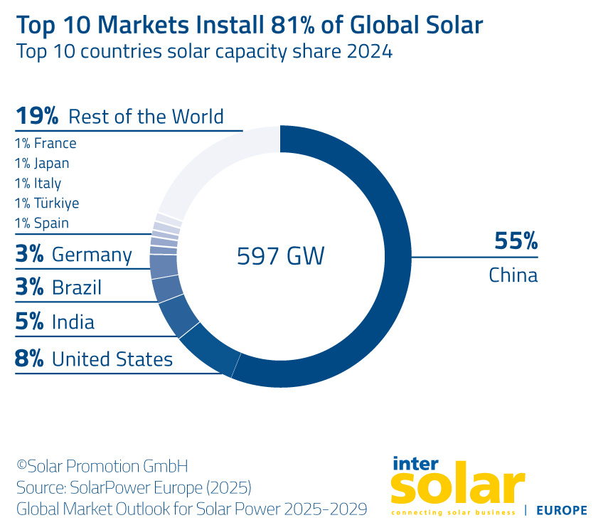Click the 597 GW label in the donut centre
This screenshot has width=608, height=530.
click(280, 255)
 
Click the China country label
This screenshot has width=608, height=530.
click(513, 275)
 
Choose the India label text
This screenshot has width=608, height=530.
click(73, 322)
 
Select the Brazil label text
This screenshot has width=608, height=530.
click(77, 287)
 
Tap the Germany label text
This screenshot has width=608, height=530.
click(92, 255)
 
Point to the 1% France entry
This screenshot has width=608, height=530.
click(46, 144)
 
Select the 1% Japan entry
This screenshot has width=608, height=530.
click(42, 164)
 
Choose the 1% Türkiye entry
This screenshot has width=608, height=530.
click(47, 203)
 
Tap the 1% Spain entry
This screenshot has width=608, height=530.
click(42, 223)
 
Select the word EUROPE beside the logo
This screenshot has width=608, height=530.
click(561, 510)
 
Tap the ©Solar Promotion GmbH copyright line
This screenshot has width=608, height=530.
click(102, 467)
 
